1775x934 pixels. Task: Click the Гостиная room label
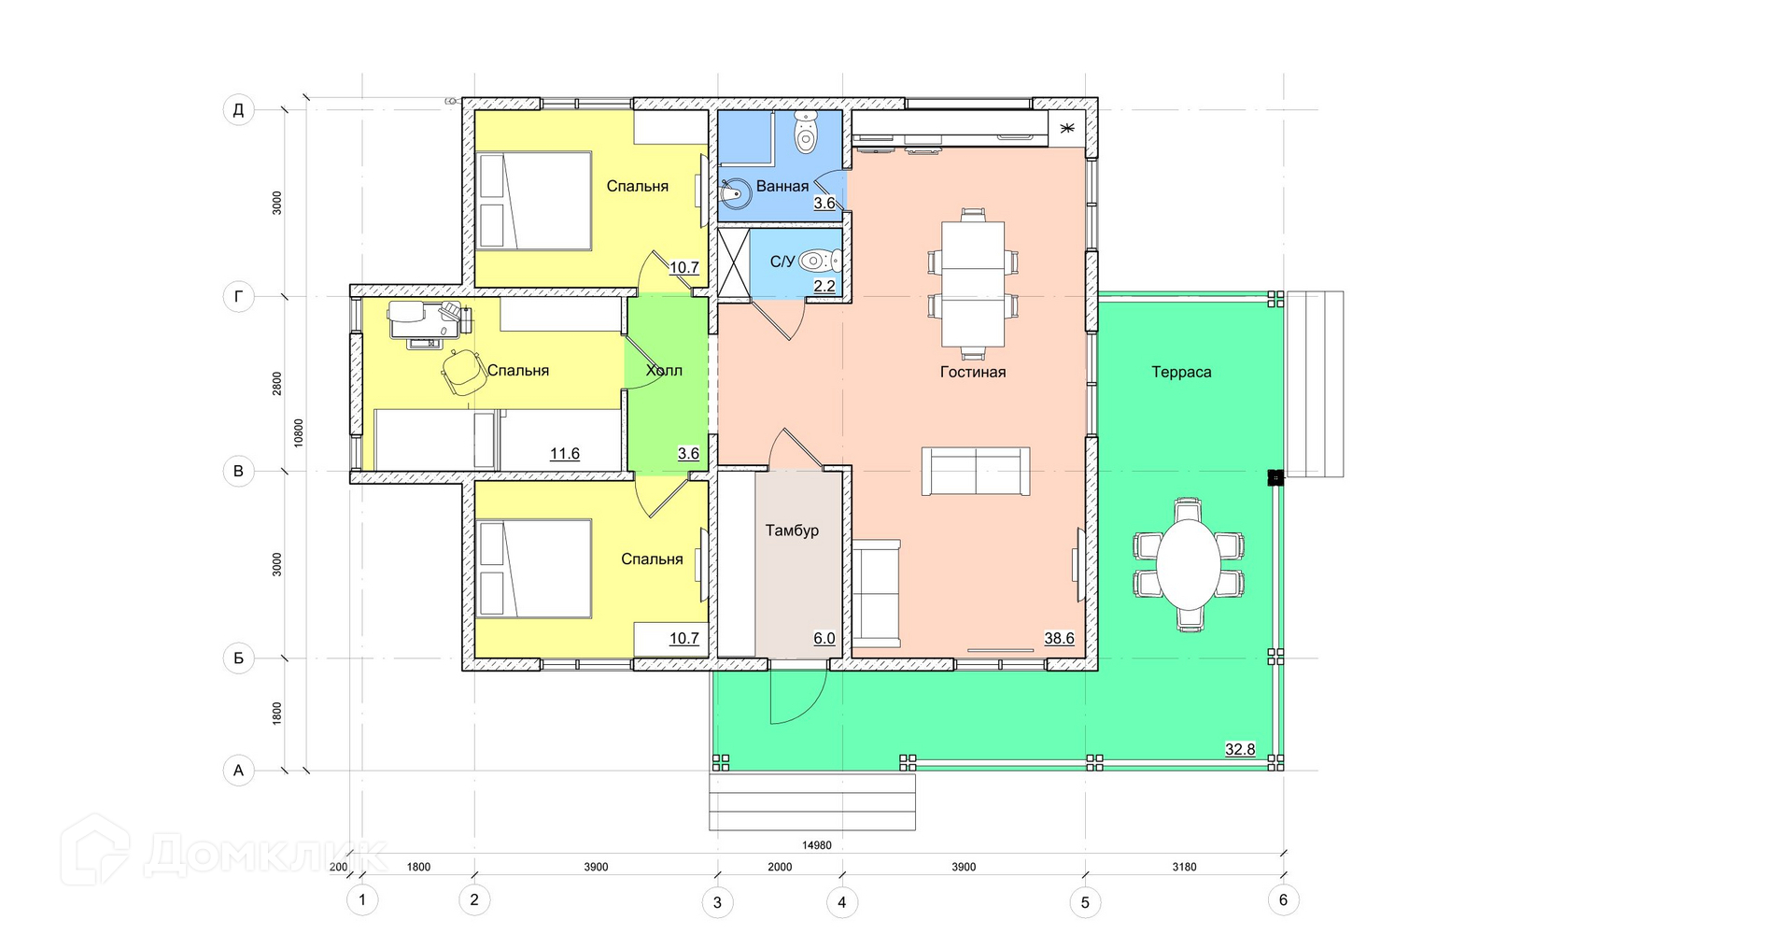[972, 372]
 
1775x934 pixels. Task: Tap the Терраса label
[1181, 372]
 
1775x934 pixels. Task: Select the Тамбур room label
[792, 531]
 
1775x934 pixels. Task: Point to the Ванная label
[782, 186]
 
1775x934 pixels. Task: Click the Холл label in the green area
[664, 371]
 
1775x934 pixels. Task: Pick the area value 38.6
[1059, 639]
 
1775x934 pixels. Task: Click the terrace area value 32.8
[1240, 749]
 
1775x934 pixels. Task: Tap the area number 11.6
[565, 454]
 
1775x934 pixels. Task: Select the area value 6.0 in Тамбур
[824, 639]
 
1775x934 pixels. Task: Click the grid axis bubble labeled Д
[238, 110]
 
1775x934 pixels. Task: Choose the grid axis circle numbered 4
[842, 902]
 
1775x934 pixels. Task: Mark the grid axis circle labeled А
[238, 771]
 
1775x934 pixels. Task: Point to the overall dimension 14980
[816, 845]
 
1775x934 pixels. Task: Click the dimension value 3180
[1184, 867]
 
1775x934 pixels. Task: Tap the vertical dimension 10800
[299, 432]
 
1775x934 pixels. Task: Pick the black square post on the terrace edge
[1275, 477]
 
